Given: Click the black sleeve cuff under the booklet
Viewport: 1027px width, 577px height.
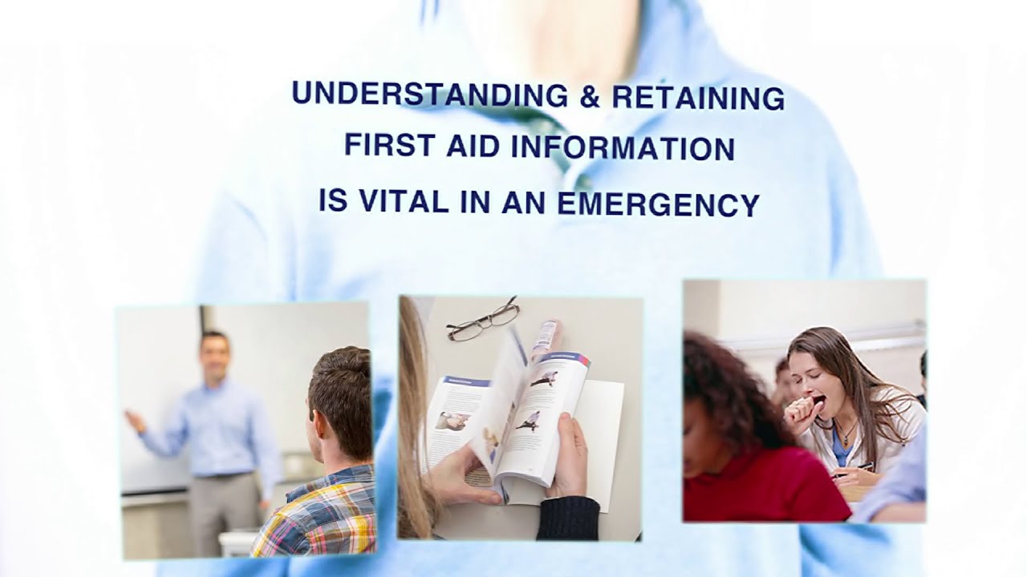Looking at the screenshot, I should pyautogui.click(x=567, y=517).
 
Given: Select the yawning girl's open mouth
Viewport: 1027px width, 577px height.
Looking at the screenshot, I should pyautogui.click(x=818, y=398).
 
